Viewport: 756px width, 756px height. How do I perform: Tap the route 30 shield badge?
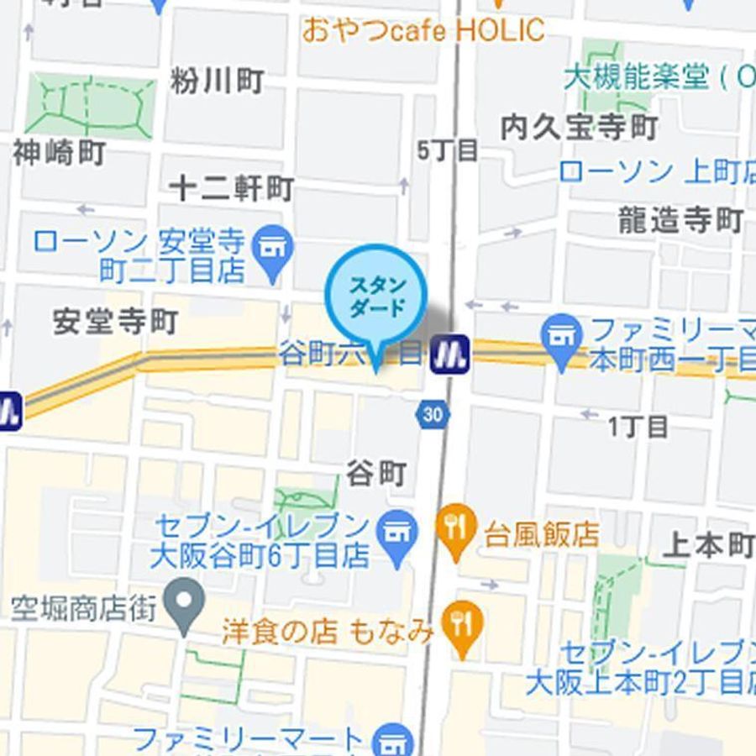tap(433, 414)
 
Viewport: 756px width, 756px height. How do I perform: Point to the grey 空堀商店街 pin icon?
tap(185, 601)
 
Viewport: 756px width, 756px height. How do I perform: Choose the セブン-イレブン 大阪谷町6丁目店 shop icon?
tap(398, 532)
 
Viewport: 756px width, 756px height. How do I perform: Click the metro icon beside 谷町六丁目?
tap(449, 354)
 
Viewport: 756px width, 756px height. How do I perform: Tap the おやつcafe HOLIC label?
tap(423, 31)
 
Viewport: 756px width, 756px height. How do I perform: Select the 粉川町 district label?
tap(217, 81)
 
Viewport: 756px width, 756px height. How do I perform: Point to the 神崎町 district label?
tap(59, 153)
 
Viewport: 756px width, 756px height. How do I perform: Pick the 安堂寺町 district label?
tap(115, 322)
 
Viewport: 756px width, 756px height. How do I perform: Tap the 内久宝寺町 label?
tap(579, 128)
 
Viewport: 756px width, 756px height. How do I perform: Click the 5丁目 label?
tap(448, 151)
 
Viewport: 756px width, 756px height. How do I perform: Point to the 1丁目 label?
tap(638, 427)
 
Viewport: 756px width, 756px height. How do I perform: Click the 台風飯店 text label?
tap(541, 534)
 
